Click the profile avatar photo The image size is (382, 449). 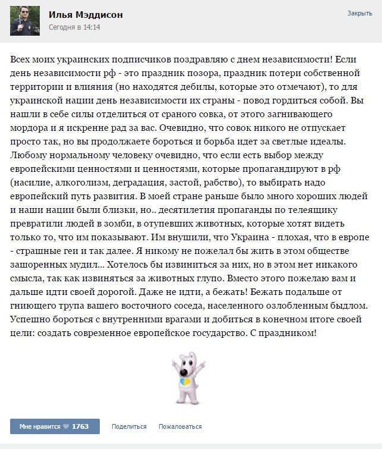pyautogui.click(x=26, y=20)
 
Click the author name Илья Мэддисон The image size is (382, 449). pyautogui.click(x=86, y=15)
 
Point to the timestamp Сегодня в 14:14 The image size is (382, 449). pyautogui.click(x=75, y=28)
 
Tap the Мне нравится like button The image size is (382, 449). pyautogui.click(x=41, y=426)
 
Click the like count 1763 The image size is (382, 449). pyautogui.click(x=80, y=426)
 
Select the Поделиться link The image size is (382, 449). pyautogui.click(x=128, y=426)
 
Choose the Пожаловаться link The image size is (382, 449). pyautogui.click(x=179, y=426)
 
